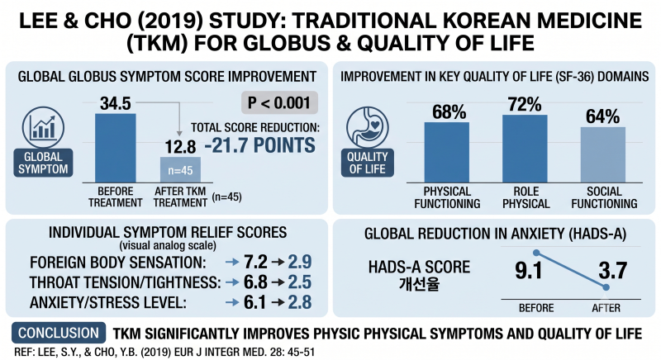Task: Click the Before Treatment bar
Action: coord(115,148)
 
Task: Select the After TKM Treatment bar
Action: coord(180,170)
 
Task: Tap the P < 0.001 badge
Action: coord(279,102)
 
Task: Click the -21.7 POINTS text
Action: coord(260,145)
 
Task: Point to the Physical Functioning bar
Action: coord(447,153)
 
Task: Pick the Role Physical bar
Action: coord(525,149)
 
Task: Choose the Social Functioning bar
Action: coord(603,155)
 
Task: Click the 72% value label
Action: coord(525,104)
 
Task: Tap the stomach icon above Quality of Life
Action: coord(367,127)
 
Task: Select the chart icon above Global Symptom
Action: coord(44,127)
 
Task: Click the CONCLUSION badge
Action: coord(59,333)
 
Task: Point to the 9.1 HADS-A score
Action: coord(528,270)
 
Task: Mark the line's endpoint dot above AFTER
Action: coord(606,287)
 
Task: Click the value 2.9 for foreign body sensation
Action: coord(300,262)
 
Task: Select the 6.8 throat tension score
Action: coord(255,282)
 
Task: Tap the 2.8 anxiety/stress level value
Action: coord(300,302)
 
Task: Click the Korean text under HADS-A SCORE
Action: coord(419,284)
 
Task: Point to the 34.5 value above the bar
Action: coord(116,103)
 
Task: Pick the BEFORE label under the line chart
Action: coord(536,308)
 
